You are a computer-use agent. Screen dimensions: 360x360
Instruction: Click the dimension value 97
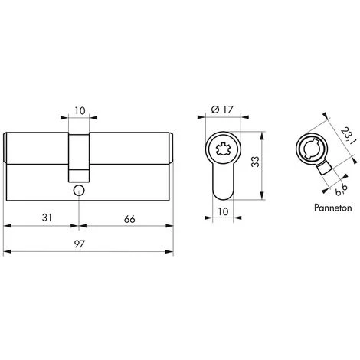click(79, 244)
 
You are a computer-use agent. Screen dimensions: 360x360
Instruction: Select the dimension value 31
click(47, 218)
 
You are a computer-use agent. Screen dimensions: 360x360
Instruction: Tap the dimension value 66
click(129, 219)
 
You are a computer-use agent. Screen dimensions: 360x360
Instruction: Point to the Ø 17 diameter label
click(222, 110)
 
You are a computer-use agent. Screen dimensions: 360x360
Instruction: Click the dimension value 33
click(255, 162)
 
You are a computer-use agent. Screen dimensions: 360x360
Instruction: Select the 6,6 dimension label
click(341, 190)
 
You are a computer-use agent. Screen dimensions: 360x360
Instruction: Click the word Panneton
click(332, 208)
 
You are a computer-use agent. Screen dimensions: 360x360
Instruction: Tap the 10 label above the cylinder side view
click(80, 111)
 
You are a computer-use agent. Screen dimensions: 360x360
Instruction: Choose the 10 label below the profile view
click(223, 211)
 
